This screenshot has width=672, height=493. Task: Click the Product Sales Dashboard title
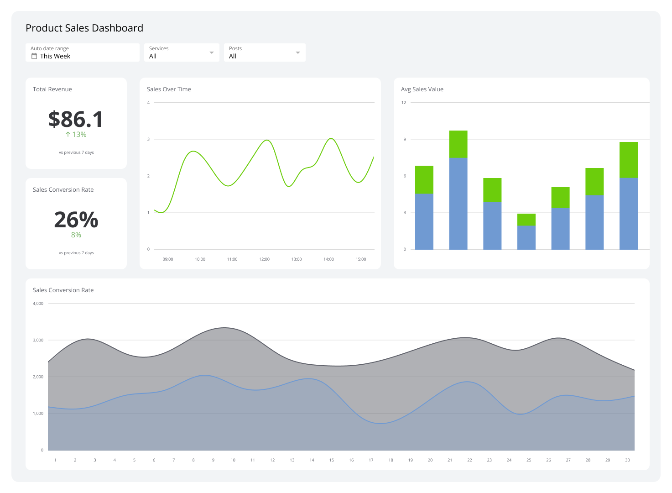(84, 28)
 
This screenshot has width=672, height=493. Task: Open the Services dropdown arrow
(212, 52)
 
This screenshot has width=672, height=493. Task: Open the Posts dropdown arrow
(298, 52)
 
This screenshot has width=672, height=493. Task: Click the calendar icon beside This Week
(34, 56)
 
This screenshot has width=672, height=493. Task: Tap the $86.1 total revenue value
(76, 120)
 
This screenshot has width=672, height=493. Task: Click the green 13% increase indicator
(76, 135)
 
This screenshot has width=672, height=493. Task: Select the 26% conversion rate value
(76, 220)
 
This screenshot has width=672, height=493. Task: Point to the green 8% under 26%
(76, 235)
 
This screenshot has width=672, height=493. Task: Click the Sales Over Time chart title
(169, 89)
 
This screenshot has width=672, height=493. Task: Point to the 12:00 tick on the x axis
(264, 259)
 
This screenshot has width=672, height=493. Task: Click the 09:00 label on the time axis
(168, 259)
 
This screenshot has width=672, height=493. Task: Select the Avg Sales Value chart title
(422, 89)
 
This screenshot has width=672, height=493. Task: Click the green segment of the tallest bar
(458, 144)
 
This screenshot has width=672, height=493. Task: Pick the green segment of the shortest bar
(526, 220)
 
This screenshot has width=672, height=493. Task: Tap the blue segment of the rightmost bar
(628, 214)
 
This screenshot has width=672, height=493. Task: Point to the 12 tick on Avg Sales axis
(404, 103)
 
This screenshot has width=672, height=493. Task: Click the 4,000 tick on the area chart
(38, 304)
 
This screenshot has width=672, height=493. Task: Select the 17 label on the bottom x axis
(371, 460)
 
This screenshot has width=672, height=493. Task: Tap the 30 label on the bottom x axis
(627, 460)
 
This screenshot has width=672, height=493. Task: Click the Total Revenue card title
(52, 89)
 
